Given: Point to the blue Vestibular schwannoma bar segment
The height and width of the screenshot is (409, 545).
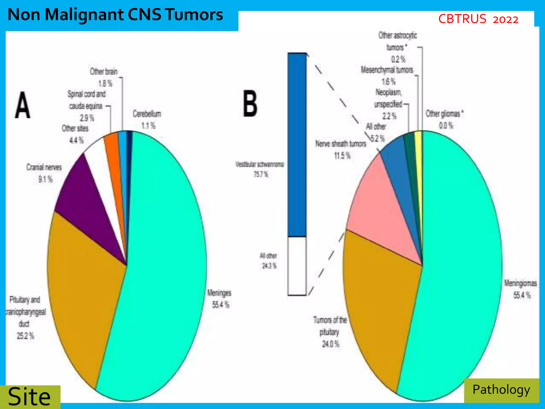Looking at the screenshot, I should click(x=297, y=144).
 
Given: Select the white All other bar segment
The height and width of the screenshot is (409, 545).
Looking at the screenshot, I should click(x=297, y=266).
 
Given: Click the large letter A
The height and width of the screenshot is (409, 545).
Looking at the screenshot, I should click(x=23, y=105).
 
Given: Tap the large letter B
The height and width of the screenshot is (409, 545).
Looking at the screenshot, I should click(x=250, y=104).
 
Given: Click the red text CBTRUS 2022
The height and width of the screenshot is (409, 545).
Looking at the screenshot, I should click(x=478, y=19).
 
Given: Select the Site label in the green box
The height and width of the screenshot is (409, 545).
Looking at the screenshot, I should click(x=29, y=396).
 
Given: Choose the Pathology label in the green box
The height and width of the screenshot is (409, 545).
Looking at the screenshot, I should click(x=501, y=390).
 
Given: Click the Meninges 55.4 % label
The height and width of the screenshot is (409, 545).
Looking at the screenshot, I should click(x=220, y=299).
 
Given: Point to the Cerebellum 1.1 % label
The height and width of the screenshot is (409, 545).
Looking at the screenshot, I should click(x=147, y=119).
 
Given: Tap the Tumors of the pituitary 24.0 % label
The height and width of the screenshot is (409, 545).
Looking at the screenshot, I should click(x=330, y=332).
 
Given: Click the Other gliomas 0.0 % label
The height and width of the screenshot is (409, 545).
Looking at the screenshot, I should click(x=444, y=119).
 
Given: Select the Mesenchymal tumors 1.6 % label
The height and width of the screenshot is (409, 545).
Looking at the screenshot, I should click(x=387, y=76).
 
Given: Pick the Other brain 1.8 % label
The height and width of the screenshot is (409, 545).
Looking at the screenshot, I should click(x=104, y=77).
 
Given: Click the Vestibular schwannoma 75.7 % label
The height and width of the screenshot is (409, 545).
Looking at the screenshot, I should click(x=260, y=169).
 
